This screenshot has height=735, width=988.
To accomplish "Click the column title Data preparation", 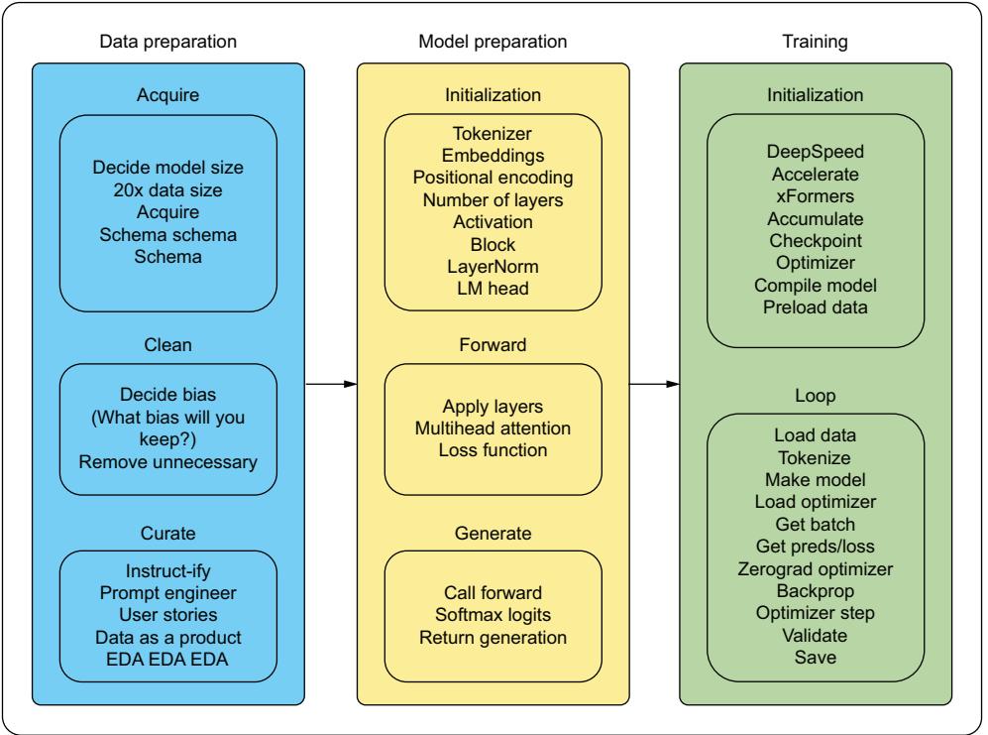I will (x=167, y=43).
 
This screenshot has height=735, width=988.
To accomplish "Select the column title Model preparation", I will (x=494, y=43).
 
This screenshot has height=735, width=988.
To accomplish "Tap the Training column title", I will (x=814, y=43).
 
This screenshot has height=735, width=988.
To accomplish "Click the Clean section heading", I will (x=166, y=346).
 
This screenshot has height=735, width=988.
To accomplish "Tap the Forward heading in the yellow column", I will (x=493, y=346).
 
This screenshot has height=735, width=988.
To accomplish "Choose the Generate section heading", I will (x=493, y=534).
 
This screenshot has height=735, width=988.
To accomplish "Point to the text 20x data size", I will (x=166, y=187).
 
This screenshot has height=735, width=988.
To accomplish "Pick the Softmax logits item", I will (x=493, y=614).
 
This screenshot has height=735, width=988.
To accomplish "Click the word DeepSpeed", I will (x=814, y=152).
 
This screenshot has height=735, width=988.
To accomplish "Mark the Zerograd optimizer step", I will (x=814, y=569).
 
